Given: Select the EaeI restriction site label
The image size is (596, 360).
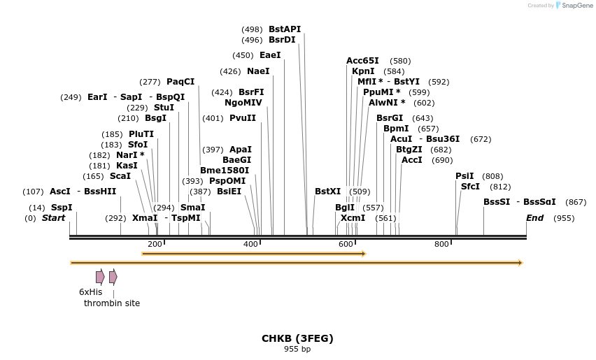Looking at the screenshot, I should [269, 55].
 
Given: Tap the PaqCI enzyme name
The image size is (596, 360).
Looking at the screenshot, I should [180, 82].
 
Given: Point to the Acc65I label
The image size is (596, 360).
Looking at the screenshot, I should [362, 61].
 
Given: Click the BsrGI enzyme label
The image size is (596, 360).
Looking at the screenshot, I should [390, 118].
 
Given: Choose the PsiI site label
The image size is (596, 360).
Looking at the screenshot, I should [464, 176].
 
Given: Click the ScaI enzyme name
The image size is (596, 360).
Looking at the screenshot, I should [120, 176].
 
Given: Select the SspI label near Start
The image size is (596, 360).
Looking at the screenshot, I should [62, 208].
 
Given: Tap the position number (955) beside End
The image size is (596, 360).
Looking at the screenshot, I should [564, 218].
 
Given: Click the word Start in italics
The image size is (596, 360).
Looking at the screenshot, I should [53, 218].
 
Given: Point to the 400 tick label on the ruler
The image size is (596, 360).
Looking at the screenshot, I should [250, 244].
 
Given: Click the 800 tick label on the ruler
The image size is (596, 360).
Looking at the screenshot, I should [441, 244].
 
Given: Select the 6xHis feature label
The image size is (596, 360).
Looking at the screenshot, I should [91, 291].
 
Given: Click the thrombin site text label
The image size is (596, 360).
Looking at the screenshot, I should [112, 303].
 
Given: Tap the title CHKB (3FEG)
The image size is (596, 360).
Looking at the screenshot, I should [297, 338].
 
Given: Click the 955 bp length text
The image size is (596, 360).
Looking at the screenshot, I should [297, 349].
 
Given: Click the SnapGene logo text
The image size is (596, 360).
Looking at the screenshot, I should [579, 6].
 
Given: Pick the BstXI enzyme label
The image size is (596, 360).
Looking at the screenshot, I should [327, 192].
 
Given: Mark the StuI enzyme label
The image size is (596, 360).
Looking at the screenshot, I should [164, 108].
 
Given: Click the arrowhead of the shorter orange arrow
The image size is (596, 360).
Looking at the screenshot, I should [363, 254].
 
